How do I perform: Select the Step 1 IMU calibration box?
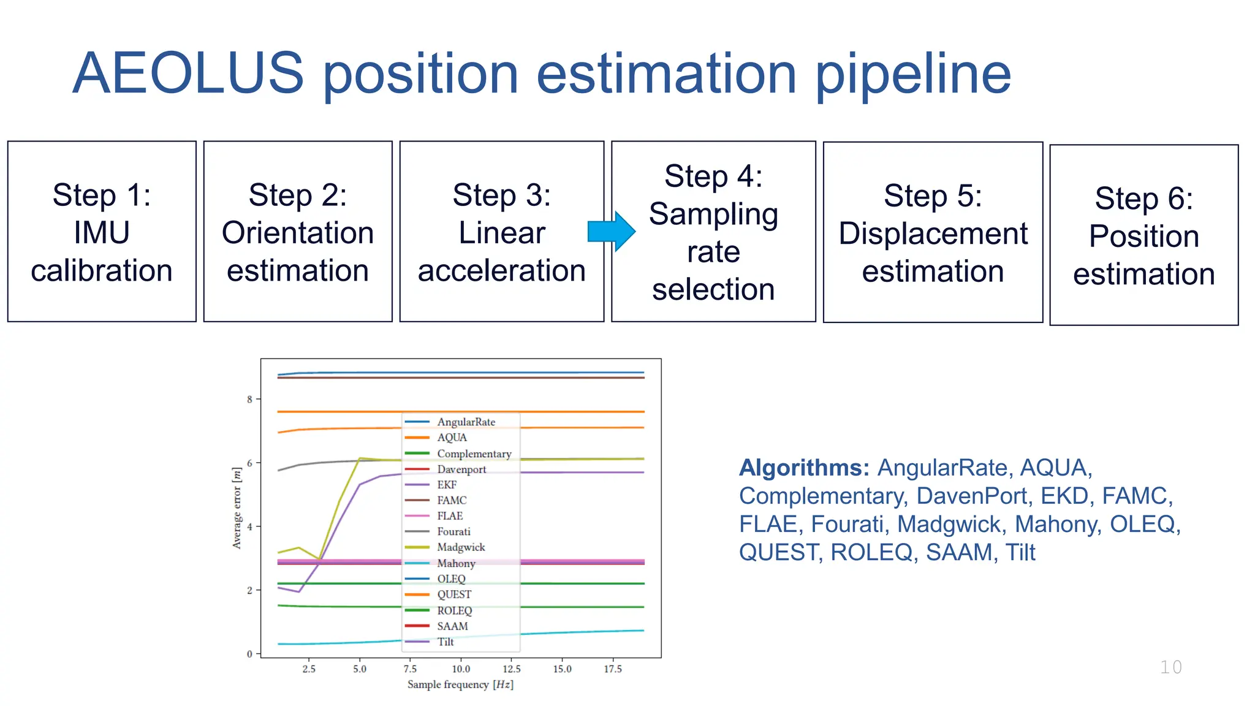tap(102, 232)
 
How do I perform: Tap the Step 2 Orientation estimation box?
tap(298, 232)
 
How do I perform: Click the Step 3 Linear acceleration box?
tap(501, 232)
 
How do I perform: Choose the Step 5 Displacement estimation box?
tap(933, 232)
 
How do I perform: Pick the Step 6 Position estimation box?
tap(1143, 235)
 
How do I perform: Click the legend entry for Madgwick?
tap(460, 547)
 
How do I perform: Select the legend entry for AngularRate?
tap(466, 422)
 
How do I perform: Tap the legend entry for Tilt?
tap(446, 642)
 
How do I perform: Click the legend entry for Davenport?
tap(461, 469)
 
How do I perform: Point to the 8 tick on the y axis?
tap(249, 400)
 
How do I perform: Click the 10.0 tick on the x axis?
tap(461, 669)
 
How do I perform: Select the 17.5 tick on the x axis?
tap(613, 669)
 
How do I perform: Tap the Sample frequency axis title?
tap(460, 685)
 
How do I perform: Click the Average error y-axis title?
tap(237, 508)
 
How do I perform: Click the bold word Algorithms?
tap(803, 468)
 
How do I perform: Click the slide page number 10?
tap(1170, 667)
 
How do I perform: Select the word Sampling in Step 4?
tap(713, 214)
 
